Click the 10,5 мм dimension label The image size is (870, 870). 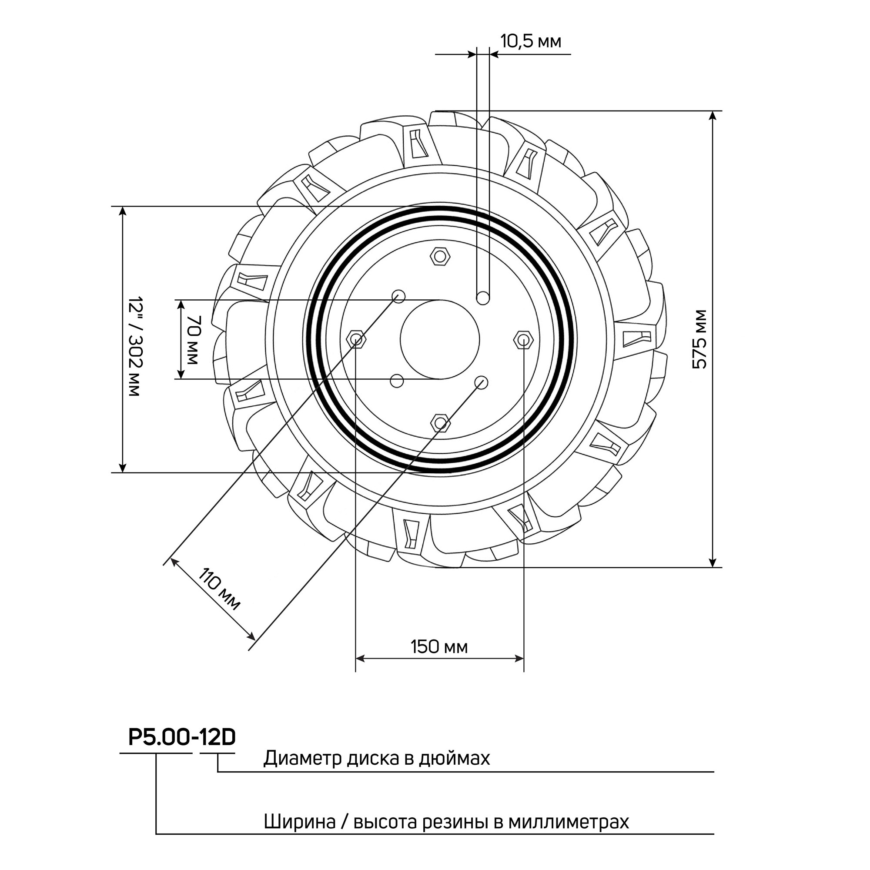click(530, 41)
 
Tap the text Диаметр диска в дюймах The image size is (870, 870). click(376, 771)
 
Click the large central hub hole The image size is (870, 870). click(440, 340)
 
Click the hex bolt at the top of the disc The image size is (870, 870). click(440, 257)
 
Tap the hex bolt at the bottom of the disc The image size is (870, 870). click(440, 422)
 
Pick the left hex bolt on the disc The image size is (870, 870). click(356, 339)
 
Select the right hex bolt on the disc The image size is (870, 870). click(524, 339)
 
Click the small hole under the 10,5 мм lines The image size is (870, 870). click(484, 298)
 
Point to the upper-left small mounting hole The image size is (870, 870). click(398, 296)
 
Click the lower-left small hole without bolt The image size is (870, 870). click(396, 381)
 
